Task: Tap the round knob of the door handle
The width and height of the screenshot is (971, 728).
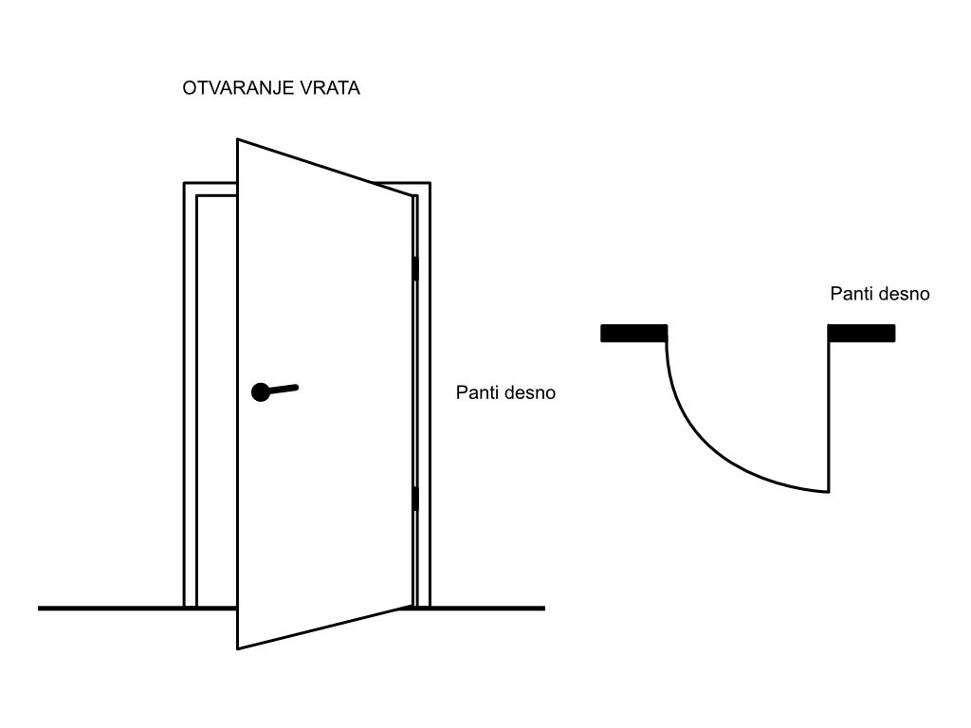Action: (261, 391)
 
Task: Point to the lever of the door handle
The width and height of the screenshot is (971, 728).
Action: (284, 388)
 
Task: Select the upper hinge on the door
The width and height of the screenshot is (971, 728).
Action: (414, 269)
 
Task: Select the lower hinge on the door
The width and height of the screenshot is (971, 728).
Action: (414, 499)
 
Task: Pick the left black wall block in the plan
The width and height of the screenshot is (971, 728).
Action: (633, 333)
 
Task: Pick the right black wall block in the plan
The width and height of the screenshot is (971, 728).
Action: (862, 333)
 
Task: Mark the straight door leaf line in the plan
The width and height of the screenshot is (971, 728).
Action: (830, 417)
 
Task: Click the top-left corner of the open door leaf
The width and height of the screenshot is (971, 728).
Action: (238, 140)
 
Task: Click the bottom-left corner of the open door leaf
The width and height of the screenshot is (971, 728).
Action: (238, 648)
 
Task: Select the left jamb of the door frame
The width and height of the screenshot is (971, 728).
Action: (190, 398)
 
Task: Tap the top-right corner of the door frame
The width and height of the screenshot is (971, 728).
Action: (430, 183)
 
